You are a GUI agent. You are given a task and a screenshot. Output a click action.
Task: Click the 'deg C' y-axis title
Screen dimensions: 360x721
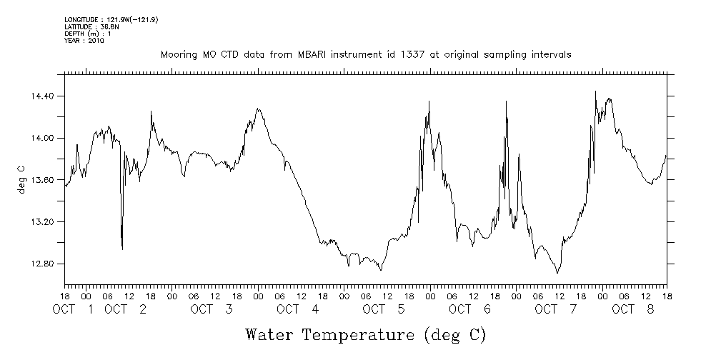click(21, 180)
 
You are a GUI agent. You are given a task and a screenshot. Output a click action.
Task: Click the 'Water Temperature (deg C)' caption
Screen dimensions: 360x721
click(366, 334)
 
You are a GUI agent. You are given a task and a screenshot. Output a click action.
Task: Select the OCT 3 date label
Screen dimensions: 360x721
click(212, 309)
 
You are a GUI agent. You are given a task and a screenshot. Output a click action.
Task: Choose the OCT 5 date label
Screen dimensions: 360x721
click(384, 309)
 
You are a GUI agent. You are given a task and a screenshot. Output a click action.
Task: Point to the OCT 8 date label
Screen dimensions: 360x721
click(633, 309)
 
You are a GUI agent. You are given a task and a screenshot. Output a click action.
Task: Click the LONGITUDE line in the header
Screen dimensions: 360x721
click(111, 19)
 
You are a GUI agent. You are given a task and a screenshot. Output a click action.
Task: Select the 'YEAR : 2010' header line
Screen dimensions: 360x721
click(84, 41)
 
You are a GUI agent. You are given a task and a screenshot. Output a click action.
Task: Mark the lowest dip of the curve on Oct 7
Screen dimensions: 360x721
click(557, 272)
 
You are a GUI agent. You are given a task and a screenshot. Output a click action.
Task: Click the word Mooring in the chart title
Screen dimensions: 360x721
click(177, 55)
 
